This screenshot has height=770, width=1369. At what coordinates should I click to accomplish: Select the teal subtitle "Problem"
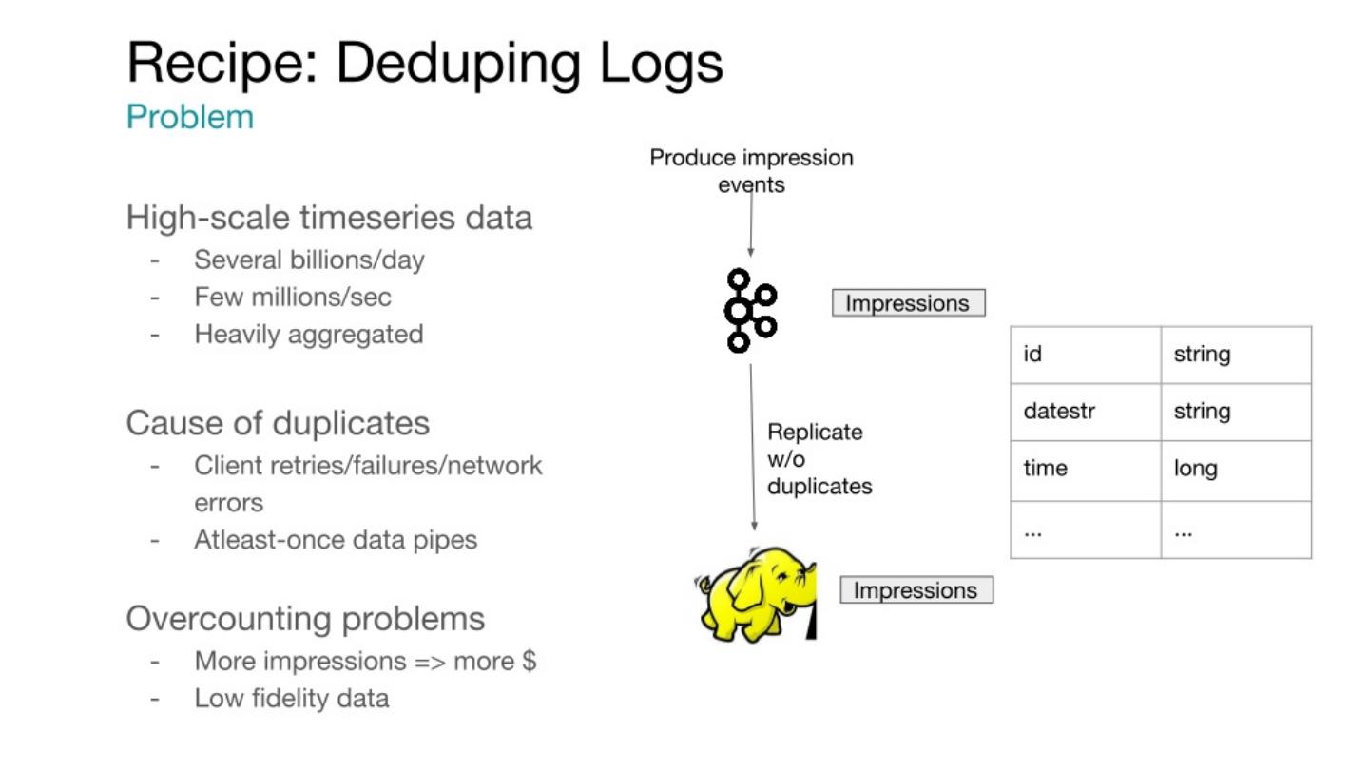(190, 118)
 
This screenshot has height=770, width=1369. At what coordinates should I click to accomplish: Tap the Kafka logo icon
(749, 311)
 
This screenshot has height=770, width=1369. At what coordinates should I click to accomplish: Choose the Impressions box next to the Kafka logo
(908, 304)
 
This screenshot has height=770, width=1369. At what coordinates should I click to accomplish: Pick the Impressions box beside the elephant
(916, 590)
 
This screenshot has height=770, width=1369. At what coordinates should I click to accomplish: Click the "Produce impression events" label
(751, 170)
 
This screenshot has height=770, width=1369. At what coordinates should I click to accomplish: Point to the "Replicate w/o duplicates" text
(819, 459)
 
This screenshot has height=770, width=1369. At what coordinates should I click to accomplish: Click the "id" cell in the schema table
(1033, 355)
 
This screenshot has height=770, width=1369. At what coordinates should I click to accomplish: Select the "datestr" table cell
(1059, 412)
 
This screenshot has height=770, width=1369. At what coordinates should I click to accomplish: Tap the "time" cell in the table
(1045, 469)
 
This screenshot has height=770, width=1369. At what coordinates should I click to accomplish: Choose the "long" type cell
(1195, 469)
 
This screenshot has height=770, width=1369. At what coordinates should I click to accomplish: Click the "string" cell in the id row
(1202, 355)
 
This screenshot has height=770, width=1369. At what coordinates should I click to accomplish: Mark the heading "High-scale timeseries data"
(329, 218)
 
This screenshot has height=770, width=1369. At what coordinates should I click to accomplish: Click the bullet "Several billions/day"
(309, 260)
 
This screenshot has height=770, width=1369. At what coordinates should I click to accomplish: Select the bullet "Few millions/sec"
(293, 297)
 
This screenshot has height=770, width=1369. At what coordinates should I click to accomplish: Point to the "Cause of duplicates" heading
(278, 422)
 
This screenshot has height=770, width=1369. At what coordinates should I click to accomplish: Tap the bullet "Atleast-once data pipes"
(336, 540)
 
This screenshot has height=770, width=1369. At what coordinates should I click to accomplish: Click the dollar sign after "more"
(530, 661)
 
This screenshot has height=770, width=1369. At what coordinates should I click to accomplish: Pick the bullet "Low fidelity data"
(292, 699)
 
